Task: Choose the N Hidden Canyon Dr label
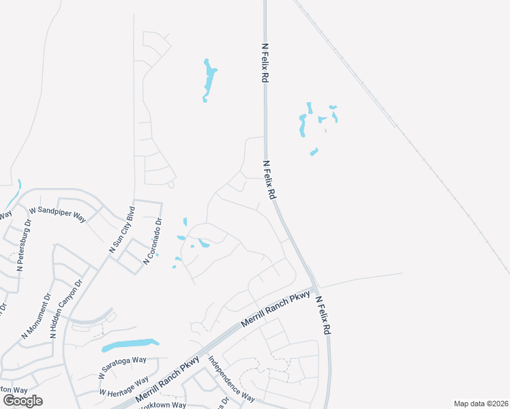pyautogui.click(x=66, y=308)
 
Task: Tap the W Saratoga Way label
pyautogui.click(x=122, y=367)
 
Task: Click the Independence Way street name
pyautogui.click(x=231, y=379)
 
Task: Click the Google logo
pyautogui.click(x=22, y=400)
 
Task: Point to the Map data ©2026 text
pyautogui.click(x=481, y=404)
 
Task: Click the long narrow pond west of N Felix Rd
pyautogui.click(x=209, y=80)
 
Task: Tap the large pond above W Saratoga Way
pyautogui.click(x=130, y=345)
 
